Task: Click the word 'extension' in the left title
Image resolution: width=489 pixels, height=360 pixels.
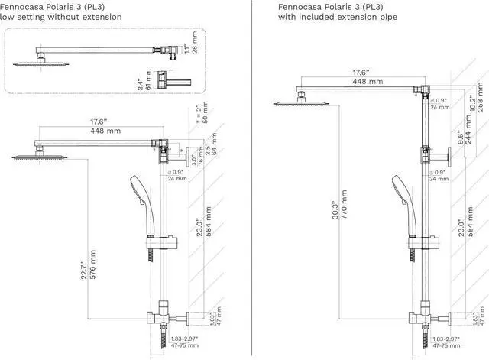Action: pos(100,17)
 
